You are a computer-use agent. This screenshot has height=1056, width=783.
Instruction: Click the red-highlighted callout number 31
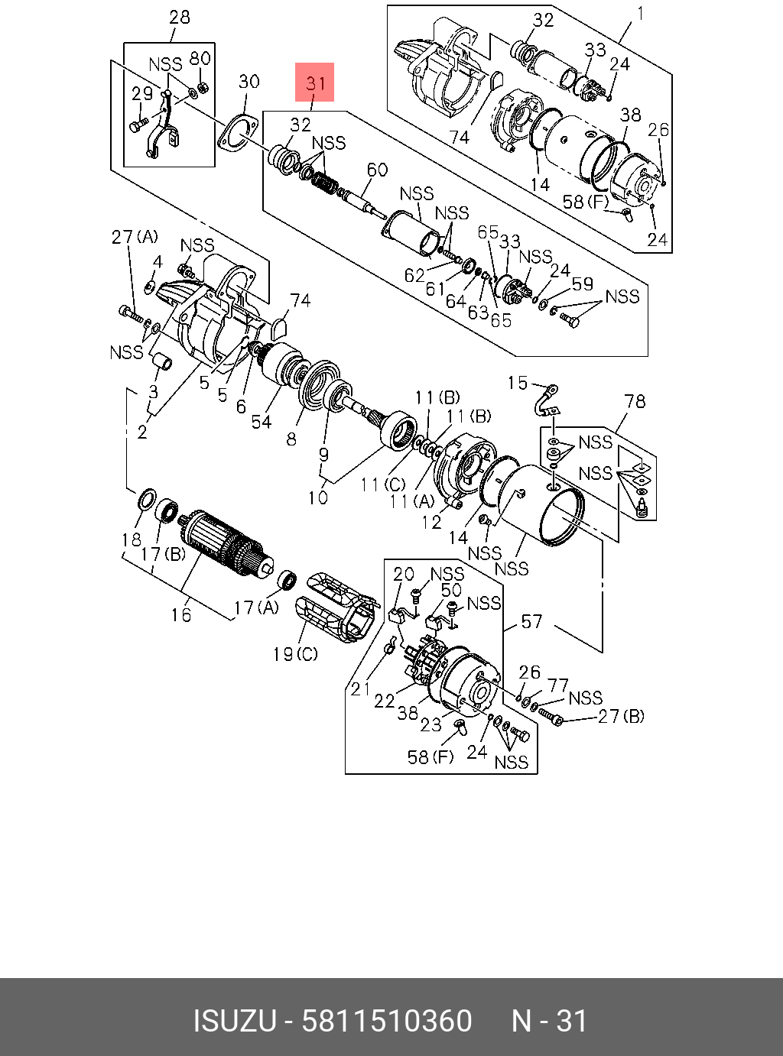[x=315, y=82]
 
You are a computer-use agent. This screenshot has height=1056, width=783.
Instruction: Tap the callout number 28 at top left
[x=179, y=17]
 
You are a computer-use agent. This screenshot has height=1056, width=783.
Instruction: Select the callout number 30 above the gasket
[x=249, y=81]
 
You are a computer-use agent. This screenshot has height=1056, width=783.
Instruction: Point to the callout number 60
[x=377, y=170]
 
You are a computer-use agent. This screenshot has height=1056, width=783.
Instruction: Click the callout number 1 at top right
[x=640, y=14]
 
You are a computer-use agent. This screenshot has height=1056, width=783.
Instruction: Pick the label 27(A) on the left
[x=135, y=237]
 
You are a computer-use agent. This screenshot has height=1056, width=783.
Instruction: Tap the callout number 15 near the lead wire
[x=518, y=382]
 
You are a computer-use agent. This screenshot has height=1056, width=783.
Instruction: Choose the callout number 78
[x=635, y=401]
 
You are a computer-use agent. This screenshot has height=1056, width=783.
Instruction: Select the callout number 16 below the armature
[x=181, y=614]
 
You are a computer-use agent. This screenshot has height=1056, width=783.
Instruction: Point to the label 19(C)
[x=295, y=654]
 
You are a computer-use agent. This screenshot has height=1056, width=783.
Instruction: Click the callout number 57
[x=531, y=621]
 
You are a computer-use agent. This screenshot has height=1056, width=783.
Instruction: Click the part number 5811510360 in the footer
[x=387, y=1021]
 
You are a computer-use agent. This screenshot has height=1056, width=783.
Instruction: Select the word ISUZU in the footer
[x=234, y=1021]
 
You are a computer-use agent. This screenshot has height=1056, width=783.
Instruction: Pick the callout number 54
[x=262, y=421]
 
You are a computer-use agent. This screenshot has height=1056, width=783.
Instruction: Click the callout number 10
[x=318, y=497]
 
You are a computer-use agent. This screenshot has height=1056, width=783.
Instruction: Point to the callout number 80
[x=200, y=59]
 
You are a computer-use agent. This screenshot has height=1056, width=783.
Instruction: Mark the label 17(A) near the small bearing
[x=256, y=607]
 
